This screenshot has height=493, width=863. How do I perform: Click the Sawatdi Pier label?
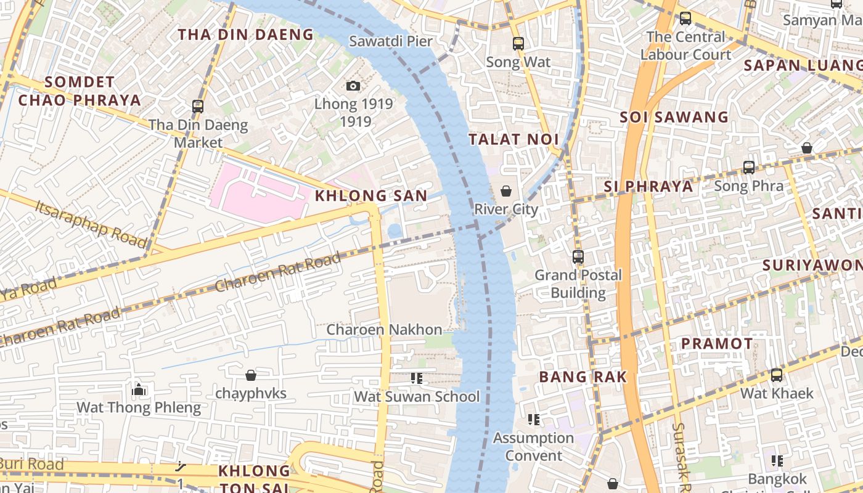point(390,41)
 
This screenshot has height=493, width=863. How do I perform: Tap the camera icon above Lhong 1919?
point(353,86)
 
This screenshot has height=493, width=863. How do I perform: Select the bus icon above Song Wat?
point(518,44)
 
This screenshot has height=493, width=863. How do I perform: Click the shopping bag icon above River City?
point(506,191)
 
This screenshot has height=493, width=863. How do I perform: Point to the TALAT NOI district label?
point(513,139)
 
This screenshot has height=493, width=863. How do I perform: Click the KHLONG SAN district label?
point(371,196)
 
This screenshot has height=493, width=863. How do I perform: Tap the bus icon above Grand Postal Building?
point(578,257)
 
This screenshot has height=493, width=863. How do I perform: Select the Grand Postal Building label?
point(578,283)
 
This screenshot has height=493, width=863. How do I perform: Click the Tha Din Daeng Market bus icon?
point(198,106)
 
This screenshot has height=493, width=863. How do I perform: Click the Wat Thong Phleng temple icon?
point(139,389)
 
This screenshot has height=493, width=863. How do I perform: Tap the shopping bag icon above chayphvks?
point(251,375)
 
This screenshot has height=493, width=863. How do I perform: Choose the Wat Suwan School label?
point(417,396)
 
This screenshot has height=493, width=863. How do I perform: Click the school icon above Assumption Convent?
point(534,420)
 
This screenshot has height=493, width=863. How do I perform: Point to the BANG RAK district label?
point(583,377)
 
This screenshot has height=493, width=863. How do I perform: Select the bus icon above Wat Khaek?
point(777,375)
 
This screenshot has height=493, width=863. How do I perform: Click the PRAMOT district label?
point(717,343)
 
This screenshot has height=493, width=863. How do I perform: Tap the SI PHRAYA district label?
point(648,186)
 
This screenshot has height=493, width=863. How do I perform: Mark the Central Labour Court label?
point(685,46)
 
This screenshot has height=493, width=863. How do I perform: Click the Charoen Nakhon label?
point(384,330)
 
